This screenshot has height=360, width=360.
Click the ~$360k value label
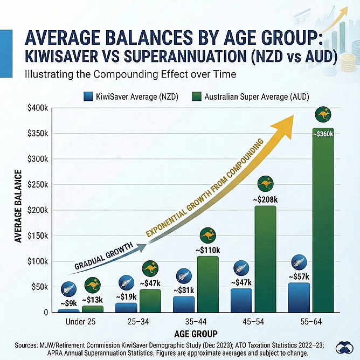323,134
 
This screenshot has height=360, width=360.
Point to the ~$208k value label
265,199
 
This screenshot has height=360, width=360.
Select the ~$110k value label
207,250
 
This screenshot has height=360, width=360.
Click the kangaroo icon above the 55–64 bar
323,114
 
